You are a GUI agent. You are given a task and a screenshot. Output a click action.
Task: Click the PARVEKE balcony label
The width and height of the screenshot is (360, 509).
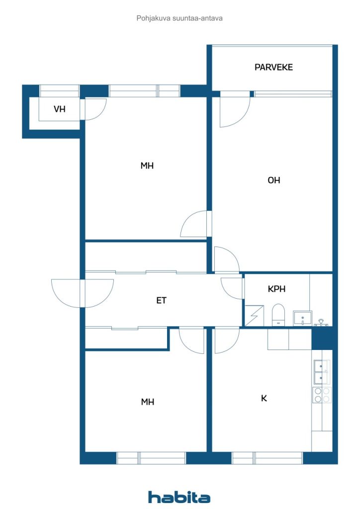[x=273, y=67]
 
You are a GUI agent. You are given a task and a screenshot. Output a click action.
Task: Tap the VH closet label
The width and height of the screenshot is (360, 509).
[x=59, y=109]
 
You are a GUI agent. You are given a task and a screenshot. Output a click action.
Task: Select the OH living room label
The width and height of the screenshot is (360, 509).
[x=273, y=180]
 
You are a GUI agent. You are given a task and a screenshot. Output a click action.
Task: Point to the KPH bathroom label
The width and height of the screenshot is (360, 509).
[x=276, y=289]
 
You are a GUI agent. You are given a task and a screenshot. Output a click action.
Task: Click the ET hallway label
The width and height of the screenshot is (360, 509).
[x=161, y=300]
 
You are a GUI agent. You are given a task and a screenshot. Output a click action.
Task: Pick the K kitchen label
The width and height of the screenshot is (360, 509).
[x=264, y=398]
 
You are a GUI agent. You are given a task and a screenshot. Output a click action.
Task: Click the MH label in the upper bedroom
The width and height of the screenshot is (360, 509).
[x=147, y=166]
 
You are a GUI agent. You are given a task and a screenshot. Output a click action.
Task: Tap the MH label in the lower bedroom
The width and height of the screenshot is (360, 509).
[x=147, y=402]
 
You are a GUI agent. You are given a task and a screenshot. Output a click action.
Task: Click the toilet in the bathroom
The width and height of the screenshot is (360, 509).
[x=278, y=315]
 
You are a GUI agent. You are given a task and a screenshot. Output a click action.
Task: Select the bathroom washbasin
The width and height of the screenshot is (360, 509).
[x=302, y=318]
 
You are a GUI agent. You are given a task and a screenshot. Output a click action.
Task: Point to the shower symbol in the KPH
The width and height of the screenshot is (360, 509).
[x=254, y=315]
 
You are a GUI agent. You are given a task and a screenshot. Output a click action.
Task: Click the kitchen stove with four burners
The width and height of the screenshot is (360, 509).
[x=322, y=395]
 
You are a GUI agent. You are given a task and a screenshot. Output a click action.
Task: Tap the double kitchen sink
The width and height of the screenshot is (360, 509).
[x=322, y=372]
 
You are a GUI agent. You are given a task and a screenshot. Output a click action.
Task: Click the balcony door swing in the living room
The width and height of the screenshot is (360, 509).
[x=235, y=110]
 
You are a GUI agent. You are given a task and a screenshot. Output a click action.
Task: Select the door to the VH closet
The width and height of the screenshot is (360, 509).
[x=93, y=109]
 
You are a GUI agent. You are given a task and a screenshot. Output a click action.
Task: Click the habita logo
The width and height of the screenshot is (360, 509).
[x=179, y=497]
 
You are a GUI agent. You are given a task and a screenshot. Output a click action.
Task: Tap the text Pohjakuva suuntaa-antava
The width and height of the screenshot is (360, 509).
[x=180, y=18]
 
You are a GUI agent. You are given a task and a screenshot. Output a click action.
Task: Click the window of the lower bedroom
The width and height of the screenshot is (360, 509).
[x=151, y=458]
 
